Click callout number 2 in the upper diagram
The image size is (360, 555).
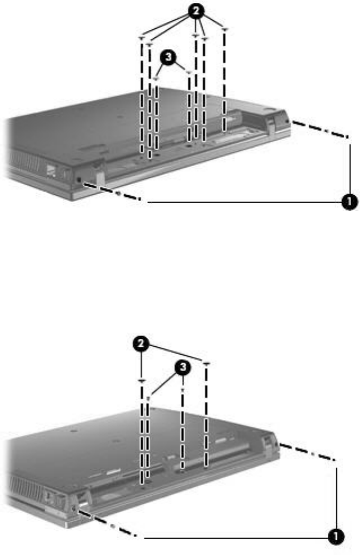click(x=196, y=11)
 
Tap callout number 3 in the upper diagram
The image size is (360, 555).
click(x=168, y=57)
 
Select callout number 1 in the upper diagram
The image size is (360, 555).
click(x=349, y=202)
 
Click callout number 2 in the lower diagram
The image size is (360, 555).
click(x=141, y=344)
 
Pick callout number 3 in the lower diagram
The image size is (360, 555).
click(x=183, y=368)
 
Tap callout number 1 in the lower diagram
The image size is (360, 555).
click(x=336, y=538)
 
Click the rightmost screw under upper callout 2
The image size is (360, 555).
click(x=224, y=29)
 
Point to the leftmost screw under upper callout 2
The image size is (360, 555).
click(x=142, y=37)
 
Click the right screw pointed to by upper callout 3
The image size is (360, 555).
click(x=189, y=73)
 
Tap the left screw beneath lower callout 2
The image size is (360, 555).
click(x=142, y=381)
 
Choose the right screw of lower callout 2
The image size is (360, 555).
click(x=207, y=363)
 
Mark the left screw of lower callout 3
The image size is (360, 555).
click(x=149, y=398)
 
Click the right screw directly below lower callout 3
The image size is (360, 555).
click(x=183, y=391)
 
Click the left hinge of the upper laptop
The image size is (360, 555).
click(x=99, y=172)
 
